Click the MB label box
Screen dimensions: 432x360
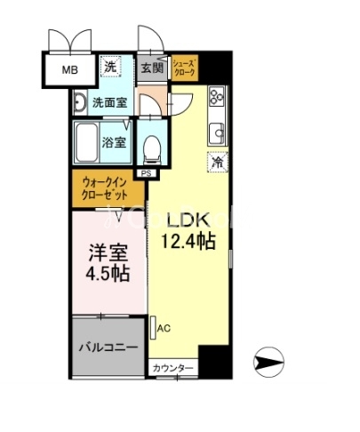pyautogui.click(x=68, y=69)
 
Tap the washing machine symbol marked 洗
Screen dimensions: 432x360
pyautogui.click(x=111, y=66)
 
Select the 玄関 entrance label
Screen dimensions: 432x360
pyautogui.click(x=151, y=68)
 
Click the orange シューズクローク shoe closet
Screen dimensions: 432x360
pyautogui.click(x=185, y=68)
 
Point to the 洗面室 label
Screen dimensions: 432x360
pyautogui.click(x=111, y=102)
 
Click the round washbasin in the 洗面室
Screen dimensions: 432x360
pyautogui.click(x=78, y=103)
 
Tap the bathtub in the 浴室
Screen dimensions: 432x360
pyautogui.click(x=86, y=141)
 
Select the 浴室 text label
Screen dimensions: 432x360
pyautogui.click(x=115, y=142)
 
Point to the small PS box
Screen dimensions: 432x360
pyautogui.click(x=143, y=173)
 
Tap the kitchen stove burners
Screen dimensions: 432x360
pyautogui.click(x=215, y=100)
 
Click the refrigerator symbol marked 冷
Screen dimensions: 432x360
pyautogui.click(x=216, y=163)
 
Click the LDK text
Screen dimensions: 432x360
pyautogui.click(x=188, y=220)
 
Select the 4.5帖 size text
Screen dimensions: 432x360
pyautogui.click(x=107, y=273)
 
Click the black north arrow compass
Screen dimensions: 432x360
pyautogui.click(x=268, y=361)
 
